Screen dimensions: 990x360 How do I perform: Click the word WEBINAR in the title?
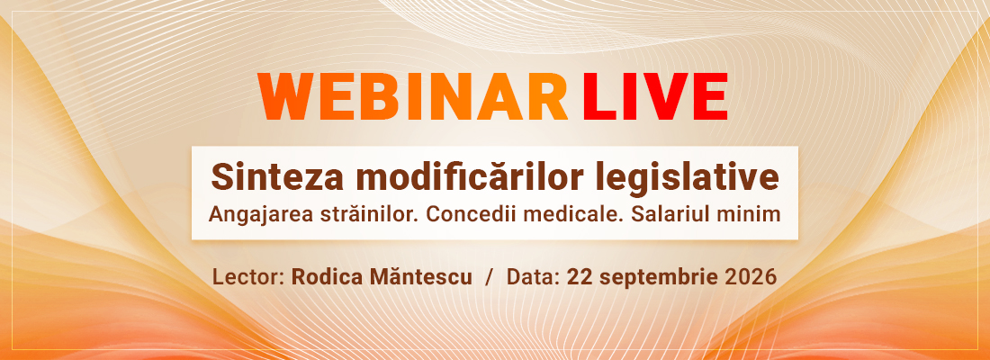(414, 96)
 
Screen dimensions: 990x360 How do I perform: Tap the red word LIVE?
(655, 96)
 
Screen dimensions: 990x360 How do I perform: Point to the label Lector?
(248, 277)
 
